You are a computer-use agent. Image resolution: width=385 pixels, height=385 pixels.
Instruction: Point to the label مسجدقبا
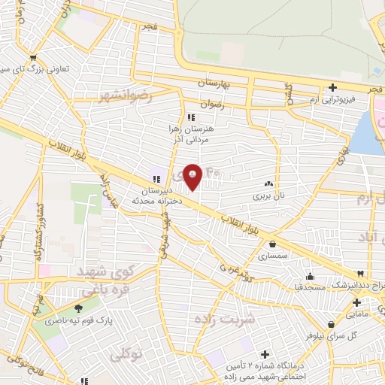(309, 286)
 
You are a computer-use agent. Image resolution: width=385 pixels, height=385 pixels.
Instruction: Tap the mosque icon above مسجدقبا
(310, 276)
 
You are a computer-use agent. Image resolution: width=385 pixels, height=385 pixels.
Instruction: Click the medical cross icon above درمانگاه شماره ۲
(265, 354)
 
